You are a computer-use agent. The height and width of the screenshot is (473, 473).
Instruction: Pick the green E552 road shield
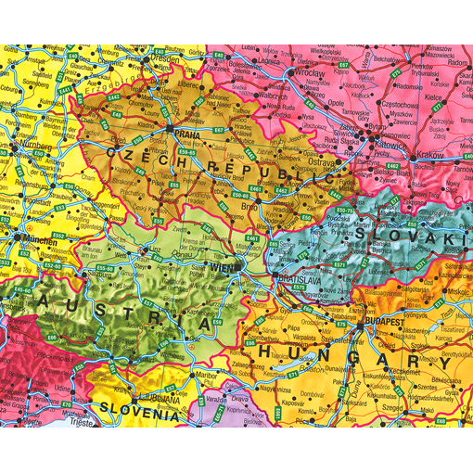point(60,236)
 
